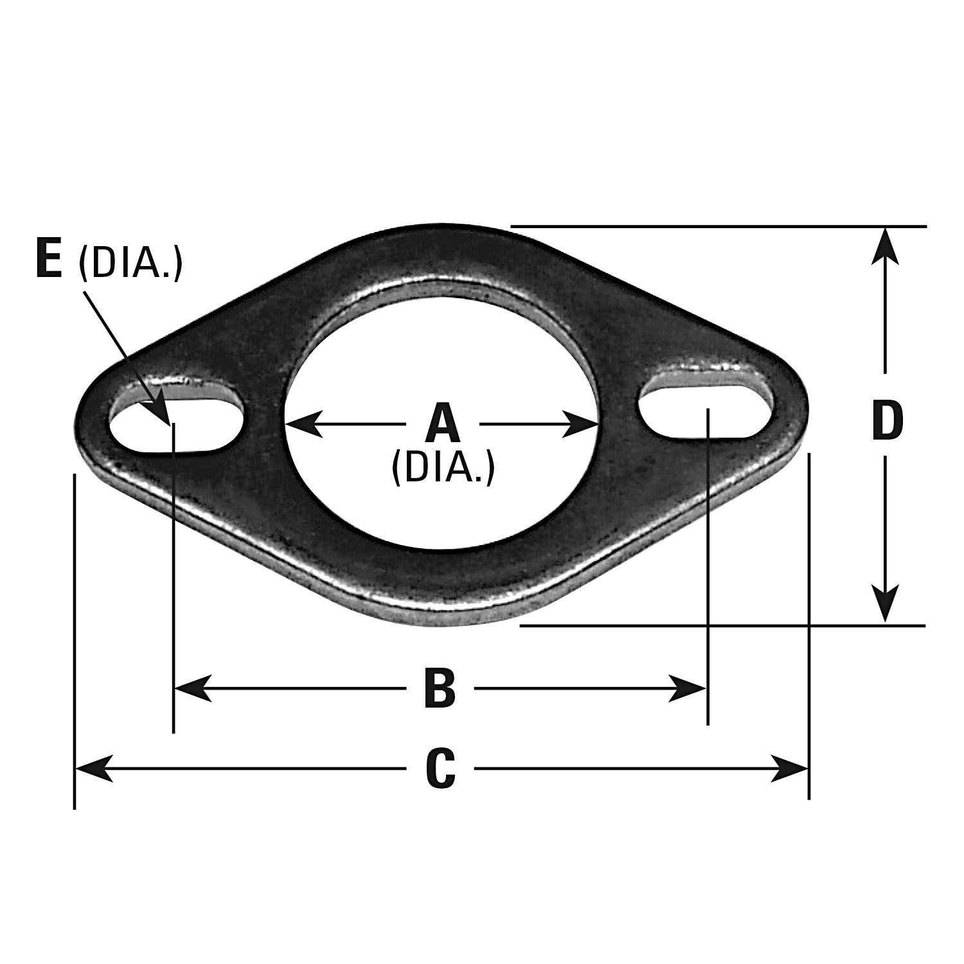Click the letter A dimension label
pyautogui.click(x=443, y=425)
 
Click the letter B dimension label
pyautogui.click(x=440, y=689)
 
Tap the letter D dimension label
pyautogui.click(x=888, y=422)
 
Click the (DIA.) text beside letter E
pyautogui.click(x=130, y=263)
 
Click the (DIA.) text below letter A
pyautogui.click(x=443, y=468)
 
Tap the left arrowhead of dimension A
pyautogui.click(x=302, y=424)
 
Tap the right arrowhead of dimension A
pyautogui.click(x=582, y=424)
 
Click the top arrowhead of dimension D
pyautogui.click(x=886, y=245)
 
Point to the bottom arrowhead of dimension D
pyautogui.click(x=886, y=604)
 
